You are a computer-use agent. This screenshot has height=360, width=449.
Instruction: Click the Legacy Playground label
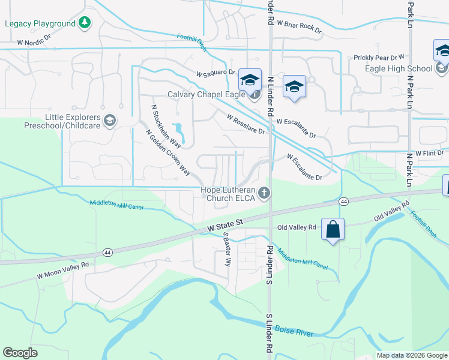40,23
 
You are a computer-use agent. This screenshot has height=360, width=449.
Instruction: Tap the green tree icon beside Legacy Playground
86,23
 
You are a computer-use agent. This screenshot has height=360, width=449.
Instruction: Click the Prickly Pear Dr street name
379,58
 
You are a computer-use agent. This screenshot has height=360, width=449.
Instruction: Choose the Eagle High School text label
399,68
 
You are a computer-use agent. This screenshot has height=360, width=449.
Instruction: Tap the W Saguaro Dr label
215,73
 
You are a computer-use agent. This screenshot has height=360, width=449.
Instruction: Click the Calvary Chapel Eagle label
206,95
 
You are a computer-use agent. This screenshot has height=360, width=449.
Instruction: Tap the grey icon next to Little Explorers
109,121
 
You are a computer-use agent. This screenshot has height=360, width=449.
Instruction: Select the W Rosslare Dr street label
246,124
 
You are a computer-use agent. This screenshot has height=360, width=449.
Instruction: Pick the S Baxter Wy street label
227,250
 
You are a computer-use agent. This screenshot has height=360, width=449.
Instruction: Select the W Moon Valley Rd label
62,270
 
